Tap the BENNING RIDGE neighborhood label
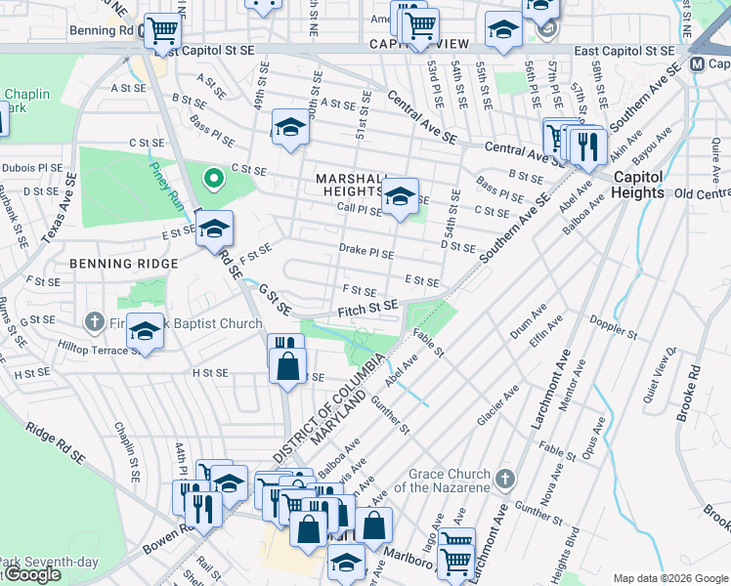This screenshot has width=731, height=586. pyautogui.click(x=123, y=264)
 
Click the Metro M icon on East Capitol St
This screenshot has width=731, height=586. pyautogui.click(x=698, y=63)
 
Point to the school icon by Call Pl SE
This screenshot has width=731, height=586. pyautogui.click(x=399, y=196)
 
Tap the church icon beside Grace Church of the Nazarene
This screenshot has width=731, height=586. pyautogui.click(x=504, y=479)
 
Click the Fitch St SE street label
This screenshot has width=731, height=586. pyautogui.click(x=366, y=307)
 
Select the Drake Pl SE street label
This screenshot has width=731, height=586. pyautogui.click(x=366, y=252)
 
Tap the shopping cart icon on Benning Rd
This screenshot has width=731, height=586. pyautogui.click(x=162, y=31)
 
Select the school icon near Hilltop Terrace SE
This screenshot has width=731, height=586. pyautogui.click(x=146, y=332)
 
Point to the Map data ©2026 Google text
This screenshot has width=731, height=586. pyautogui.click(x=669, y=578)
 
